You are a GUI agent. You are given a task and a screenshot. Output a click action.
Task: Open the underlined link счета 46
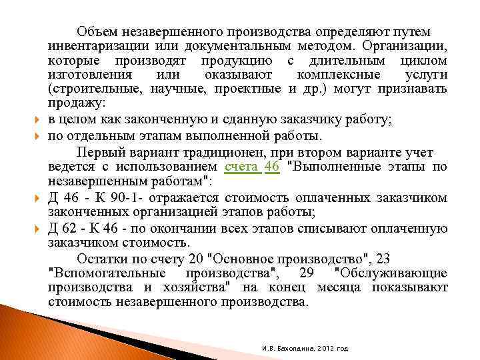(x=252, y=166)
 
